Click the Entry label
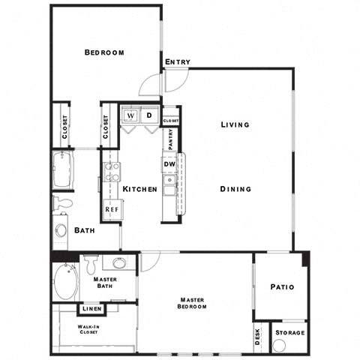tap(178, 62)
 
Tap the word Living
tap(235, 124)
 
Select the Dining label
tap(235, 189)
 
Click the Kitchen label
tap(139, 190)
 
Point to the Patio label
tap(281, 287)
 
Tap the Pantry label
tap(170, 139)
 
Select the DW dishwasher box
tap(169, 164)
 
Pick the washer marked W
tap(131, 116)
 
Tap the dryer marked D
tap(148, 116)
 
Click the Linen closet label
tap(93, 309)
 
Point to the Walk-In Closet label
tap(93, 331)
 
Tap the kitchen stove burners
tap(112, 172)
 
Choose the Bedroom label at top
tap(104, 52)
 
